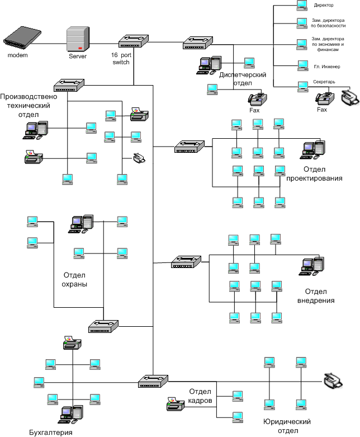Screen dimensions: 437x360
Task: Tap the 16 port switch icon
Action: [x=134, y=41]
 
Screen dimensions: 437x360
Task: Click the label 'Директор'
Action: [x=324, y=6]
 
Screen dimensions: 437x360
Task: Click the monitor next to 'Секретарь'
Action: [x=302, y=86]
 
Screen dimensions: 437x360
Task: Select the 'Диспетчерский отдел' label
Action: [x=242, y=79]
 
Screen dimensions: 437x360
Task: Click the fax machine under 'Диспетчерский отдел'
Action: [x=257, y=98]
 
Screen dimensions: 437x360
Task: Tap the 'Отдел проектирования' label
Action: [x=314, y=173]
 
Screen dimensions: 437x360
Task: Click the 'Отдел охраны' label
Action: [x=75, y=279]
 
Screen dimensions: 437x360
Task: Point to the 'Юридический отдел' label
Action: [x=286, y=426]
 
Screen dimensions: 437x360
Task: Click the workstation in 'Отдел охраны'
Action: [x=82, y=223]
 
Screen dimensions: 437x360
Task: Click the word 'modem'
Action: [x=17, y=55]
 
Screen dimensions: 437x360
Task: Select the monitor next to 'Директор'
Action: [x=302, y=6]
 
